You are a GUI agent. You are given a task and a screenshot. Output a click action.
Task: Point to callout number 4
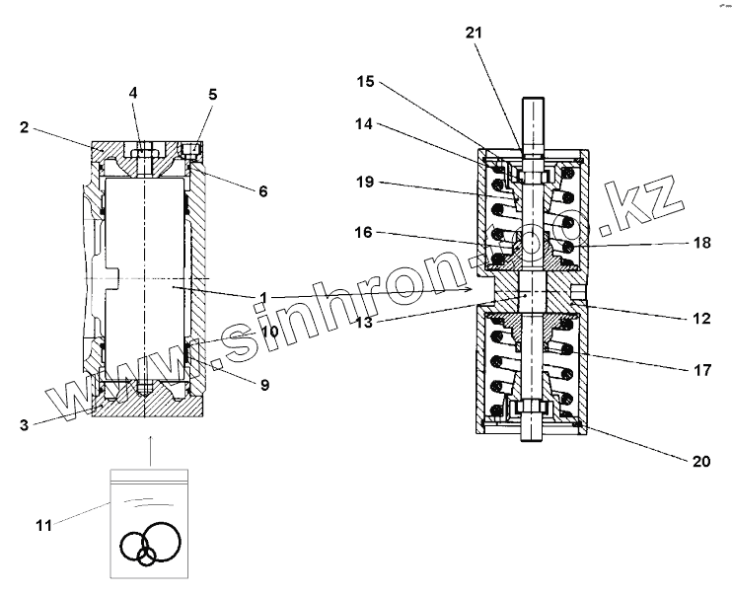pyautogui.click(x=133, y=93)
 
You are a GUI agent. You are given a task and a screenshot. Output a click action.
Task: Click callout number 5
pyautogui.click(x=212, y=95)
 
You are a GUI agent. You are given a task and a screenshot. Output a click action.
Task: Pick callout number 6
pyautogui.click(x=262, y=191)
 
